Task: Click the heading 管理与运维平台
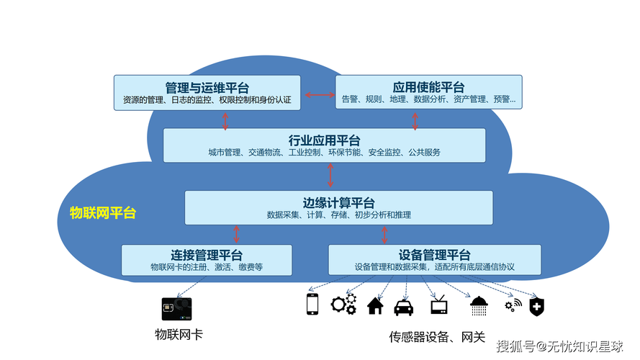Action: (207, 88)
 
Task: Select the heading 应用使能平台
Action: (428, 87)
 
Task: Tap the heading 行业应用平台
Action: (324, 140)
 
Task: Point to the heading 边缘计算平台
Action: (338, 203)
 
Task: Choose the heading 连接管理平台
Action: (207, 255)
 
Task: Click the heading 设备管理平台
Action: (434, 255)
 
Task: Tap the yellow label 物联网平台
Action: (102, 213)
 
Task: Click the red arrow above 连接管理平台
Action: (236, 234)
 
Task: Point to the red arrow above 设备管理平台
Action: (384, 234)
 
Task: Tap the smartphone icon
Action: (312, 305)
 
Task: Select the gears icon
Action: (343, 304)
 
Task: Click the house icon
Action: (374, 306)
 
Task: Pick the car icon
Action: (404, 307)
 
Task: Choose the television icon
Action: (438, 305)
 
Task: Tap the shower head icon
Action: (478, 306)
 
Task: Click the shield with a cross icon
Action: (536, 307)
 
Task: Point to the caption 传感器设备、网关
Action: (437, 337)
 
